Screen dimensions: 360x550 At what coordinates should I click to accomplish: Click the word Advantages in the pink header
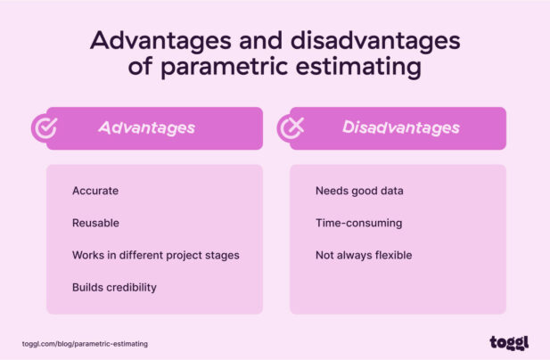click(x=146, y=128)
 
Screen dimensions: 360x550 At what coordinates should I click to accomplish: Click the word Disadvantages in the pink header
click(x=400, y=128)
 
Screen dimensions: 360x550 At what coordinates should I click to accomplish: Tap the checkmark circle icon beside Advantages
click(x=45, y=128)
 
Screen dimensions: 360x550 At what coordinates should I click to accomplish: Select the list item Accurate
click(x=95, y=191)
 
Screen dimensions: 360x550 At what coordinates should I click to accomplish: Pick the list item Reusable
click(x=95, y=223)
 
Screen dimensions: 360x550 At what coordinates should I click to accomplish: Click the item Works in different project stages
click(x=155, y=255)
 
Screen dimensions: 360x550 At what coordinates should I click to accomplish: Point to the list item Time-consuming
click(x=358, y=223)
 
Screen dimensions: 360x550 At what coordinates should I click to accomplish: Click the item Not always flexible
click(x=364, y=255)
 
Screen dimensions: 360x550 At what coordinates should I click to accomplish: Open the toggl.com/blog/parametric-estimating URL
click(x=85, y=343)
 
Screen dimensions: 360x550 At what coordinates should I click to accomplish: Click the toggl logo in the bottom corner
click(x=509, y=343)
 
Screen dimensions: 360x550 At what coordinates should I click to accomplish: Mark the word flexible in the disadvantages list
click(x=392, y=255)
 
